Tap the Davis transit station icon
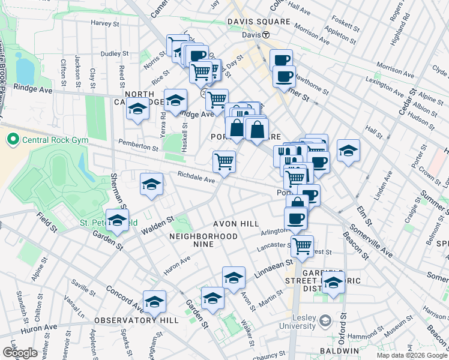point(265,35)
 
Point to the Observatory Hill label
point(136,320)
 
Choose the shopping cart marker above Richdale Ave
point(224,161)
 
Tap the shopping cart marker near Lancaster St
point(302,245)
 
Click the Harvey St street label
point(105,23)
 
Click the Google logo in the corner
point(20,353)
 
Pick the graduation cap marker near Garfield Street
point(333,281)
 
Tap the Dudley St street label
point(111,53)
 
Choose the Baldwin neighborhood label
point(339,350)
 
